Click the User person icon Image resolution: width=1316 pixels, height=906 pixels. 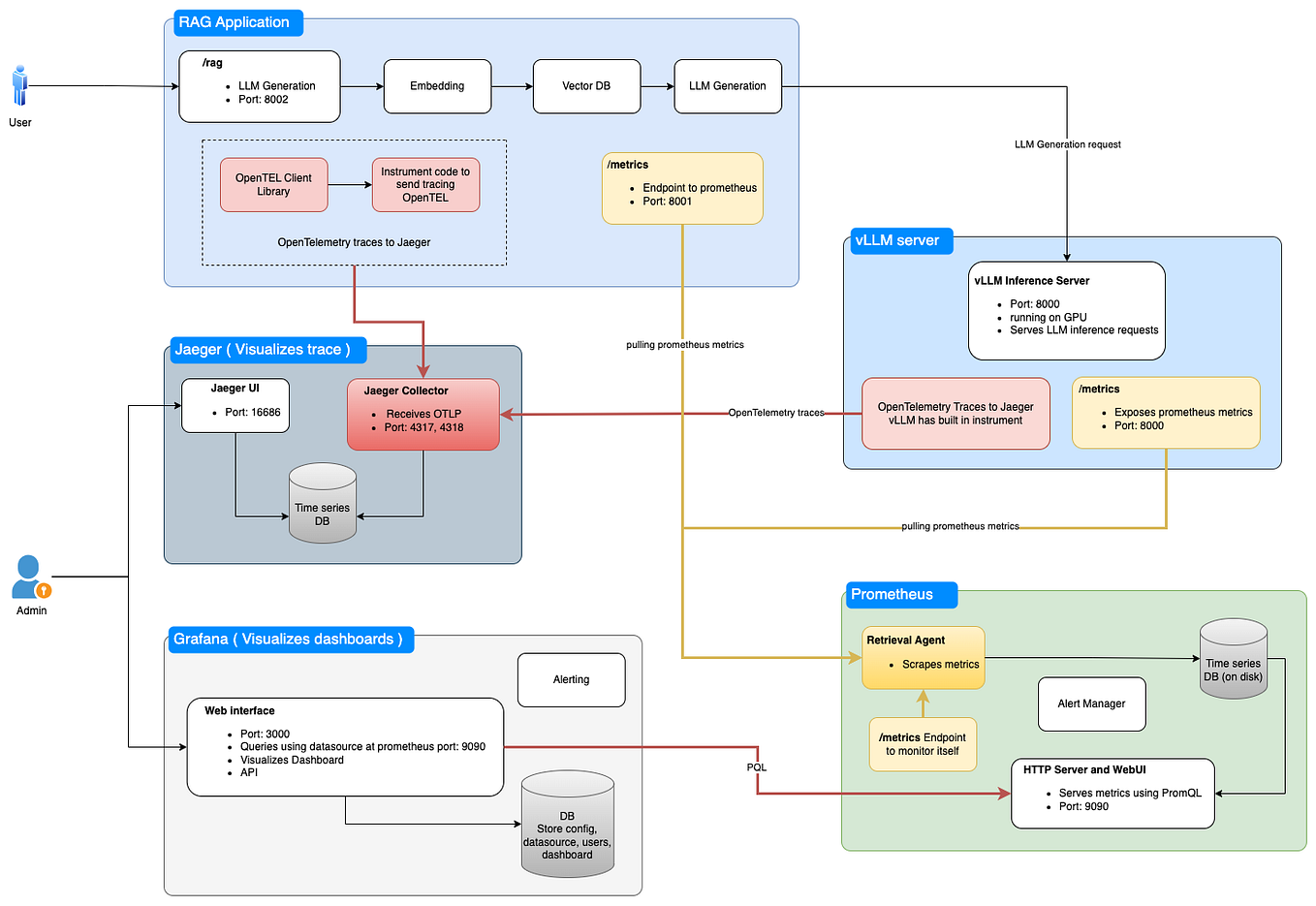(19, 86)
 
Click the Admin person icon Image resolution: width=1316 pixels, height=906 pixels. (30, 578)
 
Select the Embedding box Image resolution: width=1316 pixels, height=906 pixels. (437, 86)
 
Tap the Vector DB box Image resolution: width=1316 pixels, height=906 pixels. (586, 86)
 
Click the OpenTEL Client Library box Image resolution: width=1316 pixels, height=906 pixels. (273, 185)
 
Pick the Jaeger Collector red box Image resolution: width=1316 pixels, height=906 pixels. (423, 415)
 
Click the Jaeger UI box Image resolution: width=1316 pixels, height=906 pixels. (235, 405)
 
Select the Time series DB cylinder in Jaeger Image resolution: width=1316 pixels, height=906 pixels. (323, 504)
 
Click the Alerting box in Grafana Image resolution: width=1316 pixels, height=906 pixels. (571, 680)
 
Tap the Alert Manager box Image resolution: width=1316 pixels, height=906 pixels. (1091, 703)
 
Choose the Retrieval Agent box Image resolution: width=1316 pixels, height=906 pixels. (923, 657)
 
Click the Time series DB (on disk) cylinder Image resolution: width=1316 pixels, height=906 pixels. (1233, 659)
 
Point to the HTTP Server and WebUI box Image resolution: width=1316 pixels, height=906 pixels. (1112, 794)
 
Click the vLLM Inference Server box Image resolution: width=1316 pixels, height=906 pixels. (1066, 310)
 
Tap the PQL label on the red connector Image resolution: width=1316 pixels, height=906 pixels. (757, 767)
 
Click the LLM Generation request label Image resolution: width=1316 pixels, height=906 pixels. (1067, 144)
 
